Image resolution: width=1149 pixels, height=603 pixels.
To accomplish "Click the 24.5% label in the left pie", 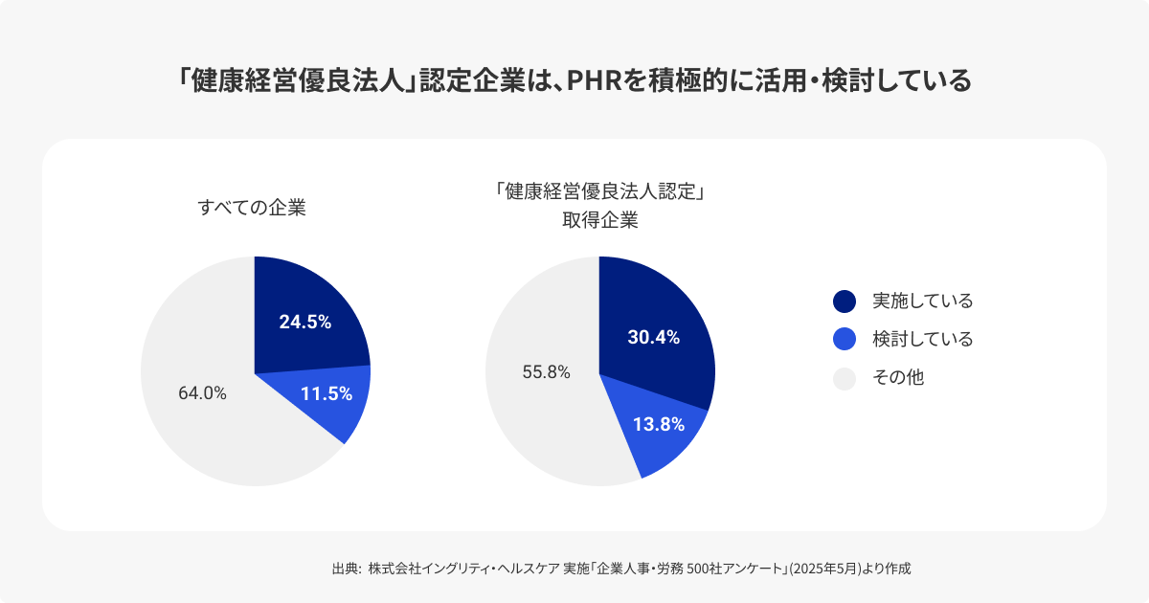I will pyautogui.click(x=304, y=323).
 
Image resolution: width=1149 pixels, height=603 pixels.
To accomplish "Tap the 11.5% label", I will pyautogui.click(x=326, y=393).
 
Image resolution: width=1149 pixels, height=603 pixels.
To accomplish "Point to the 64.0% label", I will pyautogui.click(x=203, y=393).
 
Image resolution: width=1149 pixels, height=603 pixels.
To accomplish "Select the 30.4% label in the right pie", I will pyautogui.click(x=653, y=337).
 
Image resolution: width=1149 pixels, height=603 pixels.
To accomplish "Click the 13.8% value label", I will pyautogui.click(x=658, y=425).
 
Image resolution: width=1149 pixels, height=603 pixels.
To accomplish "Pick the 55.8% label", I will pyautogui.click(x=546, y=372).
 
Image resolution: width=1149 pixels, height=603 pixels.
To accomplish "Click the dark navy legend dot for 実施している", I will pyautogui.click(x=845, y=301).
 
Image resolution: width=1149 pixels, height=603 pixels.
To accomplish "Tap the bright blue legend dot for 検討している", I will pyautogui.click(x=845, y=340).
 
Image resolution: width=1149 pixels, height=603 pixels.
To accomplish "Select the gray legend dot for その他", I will pyautogui.click(x=845, y=379).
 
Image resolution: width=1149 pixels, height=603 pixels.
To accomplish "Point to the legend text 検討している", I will pyautogui.click(x=922, y=340).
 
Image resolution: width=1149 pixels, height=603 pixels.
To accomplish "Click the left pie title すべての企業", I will pyautogui.click(x=252, y=207).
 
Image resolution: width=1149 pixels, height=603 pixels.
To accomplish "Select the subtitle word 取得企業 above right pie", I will pyautogui.click(x=599, y=219).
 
